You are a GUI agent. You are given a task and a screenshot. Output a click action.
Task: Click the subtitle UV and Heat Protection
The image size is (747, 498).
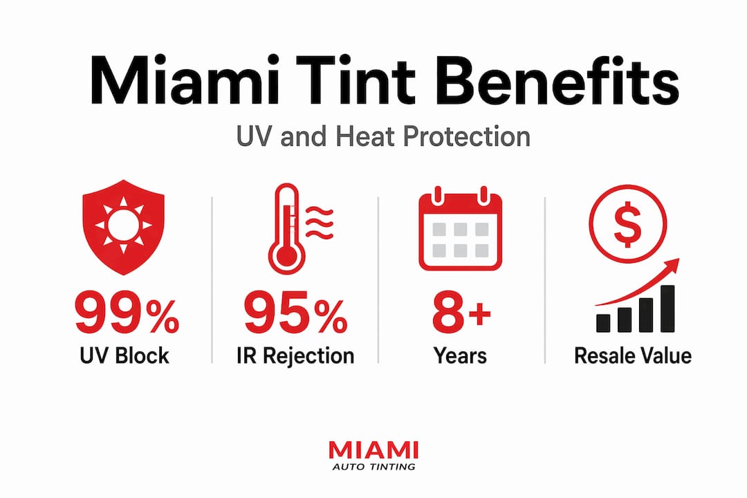click(x=383, y=137)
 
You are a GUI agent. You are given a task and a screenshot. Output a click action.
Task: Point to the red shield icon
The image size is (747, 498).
click(x=123, y=227)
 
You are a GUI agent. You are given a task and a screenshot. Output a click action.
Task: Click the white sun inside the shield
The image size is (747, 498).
click(x=123, y=225)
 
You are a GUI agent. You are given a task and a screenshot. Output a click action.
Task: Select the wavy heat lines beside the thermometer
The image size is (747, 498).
click(x=319, y=223)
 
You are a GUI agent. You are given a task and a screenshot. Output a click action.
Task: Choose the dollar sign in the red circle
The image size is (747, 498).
click(x=627, y=223)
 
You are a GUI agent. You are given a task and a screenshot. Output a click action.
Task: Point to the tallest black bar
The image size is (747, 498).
click(x=667, y=308)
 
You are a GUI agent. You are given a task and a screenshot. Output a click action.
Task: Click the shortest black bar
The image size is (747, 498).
click(x=603, y=322)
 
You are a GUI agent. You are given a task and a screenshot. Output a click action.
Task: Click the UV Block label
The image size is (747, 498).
click(x=124, y=356)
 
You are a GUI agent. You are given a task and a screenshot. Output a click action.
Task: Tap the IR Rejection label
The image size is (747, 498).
click(x=295, y=356)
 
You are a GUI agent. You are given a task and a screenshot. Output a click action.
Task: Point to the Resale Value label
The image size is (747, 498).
click(x=633, y=356)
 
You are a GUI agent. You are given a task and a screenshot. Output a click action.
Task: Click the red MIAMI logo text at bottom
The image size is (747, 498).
click(x=373, y=450)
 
